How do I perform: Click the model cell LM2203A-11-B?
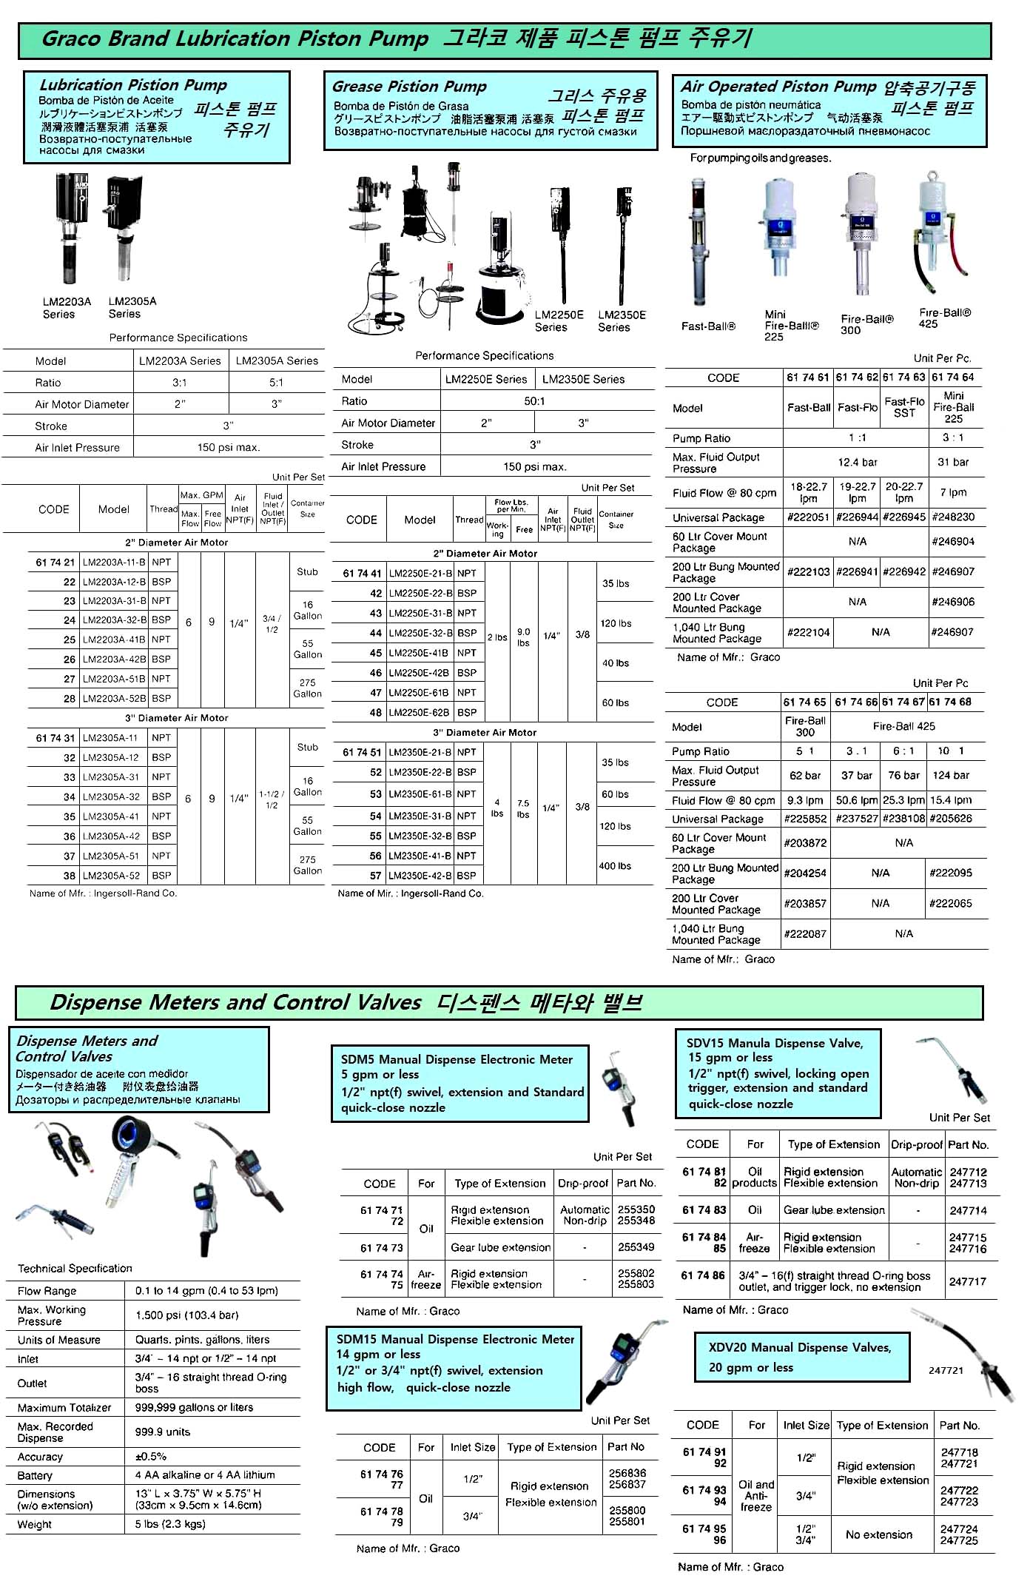click(x=114, y=562)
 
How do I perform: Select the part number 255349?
click(x=636, y=1247)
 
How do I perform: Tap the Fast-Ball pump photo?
click(x=698, y=241)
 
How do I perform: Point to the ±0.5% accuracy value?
click(x=151, y=1456)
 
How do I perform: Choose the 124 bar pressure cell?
click(x=950, y=775)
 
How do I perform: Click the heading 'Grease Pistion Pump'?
click(x=409, y=87)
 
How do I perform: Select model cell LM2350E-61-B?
click(x=420, y=793)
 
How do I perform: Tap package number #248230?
click(x=953, y=517)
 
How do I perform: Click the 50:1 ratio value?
click(x=534, y=400)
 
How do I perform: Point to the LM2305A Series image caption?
click(x=132, y=307)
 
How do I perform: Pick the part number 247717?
click(x=968, y=1281)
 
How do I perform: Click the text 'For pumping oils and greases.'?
click(x=760, y=158)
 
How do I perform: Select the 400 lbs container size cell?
click(x=616, y=865)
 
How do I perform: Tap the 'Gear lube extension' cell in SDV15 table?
click(x=834, y=1210)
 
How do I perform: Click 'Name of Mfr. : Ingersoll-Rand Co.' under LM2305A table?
click(x=103, y=893)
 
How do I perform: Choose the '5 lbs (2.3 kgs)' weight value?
click(x=170, y=1523)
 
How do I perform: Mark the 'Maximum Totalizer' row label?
click(x=64, y=1407)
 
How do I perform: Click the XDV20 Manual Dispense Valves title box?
click(x=799, y=1357)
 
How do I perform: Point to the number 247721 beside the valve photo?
click(x=946, y=1370)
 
